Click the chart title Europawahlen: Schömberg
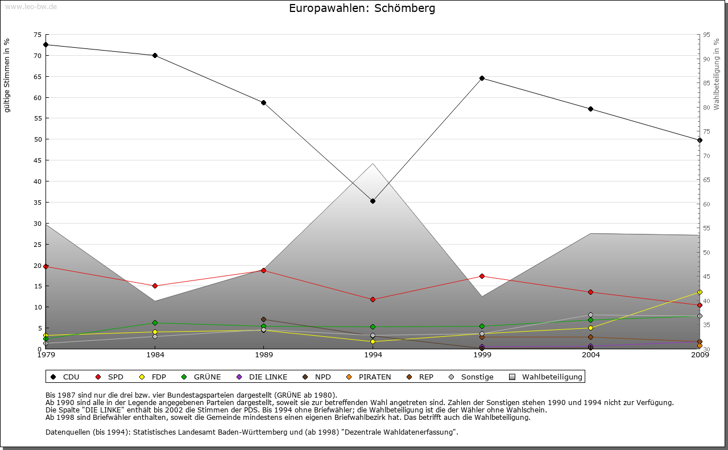(x=362, y=9)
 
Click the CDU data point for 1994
(x=373, y=201)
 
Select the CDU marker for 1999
(x=482, y=78)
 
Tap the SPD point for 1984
(x=155, y=286)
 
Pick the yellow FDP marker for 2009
(x=700, y=292)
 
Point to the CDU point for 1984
(x=155, y=55)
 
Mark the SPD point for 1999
(x=482, y=276)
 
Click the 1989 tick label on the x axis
(x=264, y=356)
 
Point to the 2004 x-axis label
(x=591, y=356)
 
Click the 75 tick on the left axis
(x=38, y=35)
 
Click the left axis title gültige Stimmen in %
(x=7, y=75)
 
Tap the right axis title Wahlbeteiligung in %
(x=717, y=75)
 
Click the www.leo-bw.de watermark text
(x=31, y=6)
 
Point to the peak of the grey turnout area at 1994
(x=373, y=164)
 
